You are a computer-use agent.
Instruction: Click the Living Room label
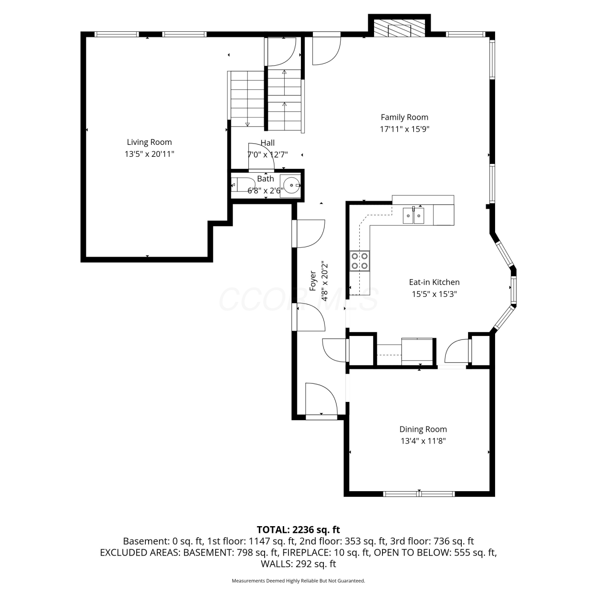149,142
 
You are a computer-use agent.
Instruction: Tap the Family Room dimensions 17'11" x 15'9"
404,129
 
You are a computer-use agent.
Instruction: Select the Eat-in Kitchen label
434,282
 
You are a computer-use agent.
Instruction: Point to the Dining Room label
423,429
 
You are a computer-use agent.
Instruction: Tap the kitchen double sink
414,215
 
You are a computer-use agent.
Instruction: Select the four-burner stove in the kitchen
360,261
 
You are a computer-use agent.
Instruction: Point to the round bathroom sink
293,185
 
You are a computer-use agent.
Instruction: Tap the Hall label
267,142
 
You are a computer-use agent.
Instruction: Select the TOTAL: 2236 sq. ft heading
298,530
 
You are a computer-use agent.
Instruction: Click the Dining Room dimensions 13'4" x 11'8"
423,441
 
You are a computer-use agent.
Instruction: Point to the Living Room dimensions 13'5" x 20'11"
149,154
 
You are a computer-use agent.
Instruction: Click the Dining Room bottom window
419,494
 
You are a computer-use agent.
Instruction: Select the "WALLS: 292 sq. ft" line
298,564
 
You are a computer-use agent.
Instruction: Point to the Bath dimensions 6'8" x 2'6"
265,191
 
